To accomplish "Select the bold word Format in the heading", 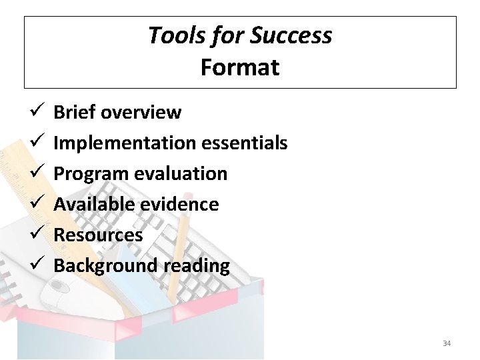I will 240,67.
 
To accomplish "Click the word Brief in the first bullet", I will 74,112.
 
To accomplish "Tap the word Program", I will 91,174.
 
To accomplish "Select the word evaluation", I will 181,174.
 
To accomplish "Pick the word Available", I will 93,204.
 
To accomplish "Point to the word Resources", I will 98,235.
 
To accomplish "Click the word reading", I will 197,265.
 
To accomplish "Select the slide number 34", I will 447,343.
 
